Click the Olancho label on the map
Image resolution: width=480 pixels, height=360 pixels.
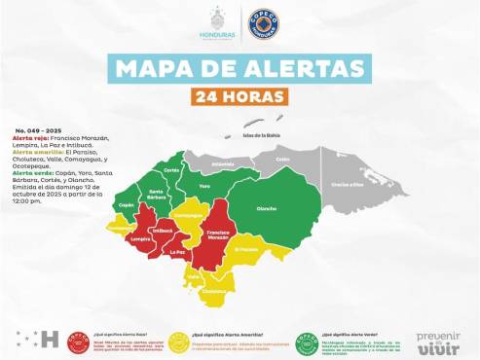(265, 208)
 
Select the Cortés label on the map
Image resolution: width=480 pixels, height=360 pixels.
(171, 170)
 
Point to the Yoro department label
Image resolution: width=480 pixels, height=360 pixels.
(204, 184)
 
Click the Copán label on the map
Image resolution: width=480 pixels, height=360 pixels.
(126, 205)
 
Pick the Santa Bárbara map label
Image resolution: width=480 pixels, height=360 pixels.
(156, 194)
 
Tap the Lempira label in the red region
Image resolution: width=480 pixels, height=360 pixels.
(139, 237)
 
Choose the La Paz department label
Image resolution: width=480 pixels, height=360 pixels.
(176, 252)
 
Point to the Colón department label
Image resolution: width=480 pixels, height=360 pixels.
(283, 159)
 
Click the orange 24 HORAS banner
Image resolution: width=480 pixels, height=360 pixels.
(240, 97)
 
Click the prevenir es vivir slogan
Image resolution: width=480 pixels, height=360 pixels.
(437, 341)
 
